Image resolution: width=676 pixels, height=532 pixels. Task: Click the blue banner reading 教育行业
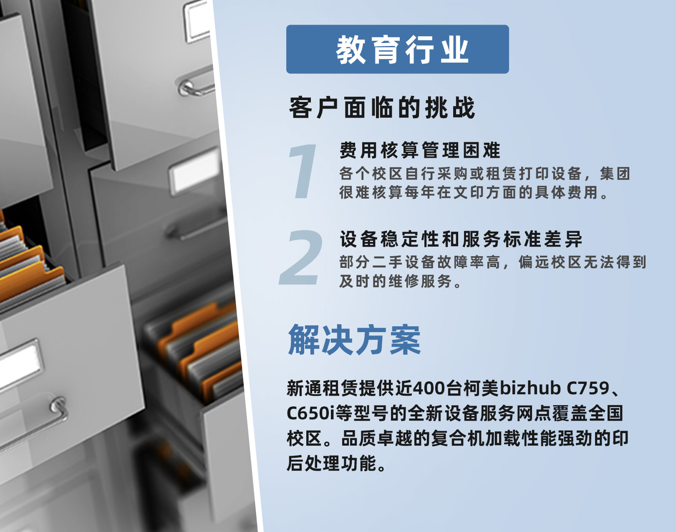pyautogui.click(x=397, y=49)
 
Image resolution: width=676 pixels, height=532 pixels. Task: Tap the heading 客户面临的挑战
pyautogui.click(x=382, y=108)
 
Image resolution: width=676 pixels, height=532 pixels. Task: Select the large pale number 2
pyautogui.click(x=301, y=257)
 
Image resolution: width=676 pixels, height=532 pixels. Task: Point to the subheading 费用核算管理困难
pyautogui.click(x=420, y=150)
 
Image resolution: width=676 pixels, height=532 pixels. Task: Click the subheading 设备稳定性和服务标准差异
pyautogui.click(x=461, y=239)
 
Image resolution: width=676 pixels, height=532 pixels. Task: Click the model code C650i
pyautogui.click(x=311, y=413)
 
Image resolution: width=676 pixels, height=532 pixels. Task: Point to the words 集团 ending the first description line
pyautogui.click(x=615, y=174)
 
